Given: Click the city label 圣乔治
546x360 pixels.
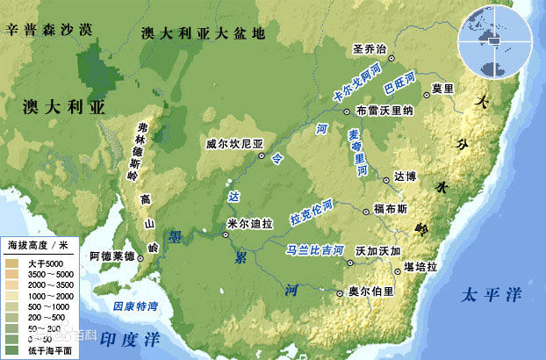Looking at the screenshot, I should pyautogui.click(x=369, y=48).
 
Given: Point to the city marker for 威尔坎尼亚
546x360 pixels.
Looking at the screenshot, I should pyautogui.click(x=262, y=155).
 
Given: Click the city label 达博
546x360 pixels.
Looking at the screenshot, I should pyautogui.click(x=406, y=177).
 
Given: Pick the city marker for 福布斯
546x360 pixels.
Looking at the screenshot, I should pyautogui.click(x=366, y=211).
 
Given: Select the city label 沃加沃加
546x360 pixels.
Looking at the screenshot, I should pyautogui.click(x=378, y=250).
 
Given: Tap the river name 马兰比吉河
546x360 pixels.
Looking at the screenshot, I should pyautogui.click(x=315, y=250).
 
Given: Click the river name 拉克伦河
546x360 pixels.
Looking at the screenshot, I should pyautogui.click(x=312, y=211).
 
